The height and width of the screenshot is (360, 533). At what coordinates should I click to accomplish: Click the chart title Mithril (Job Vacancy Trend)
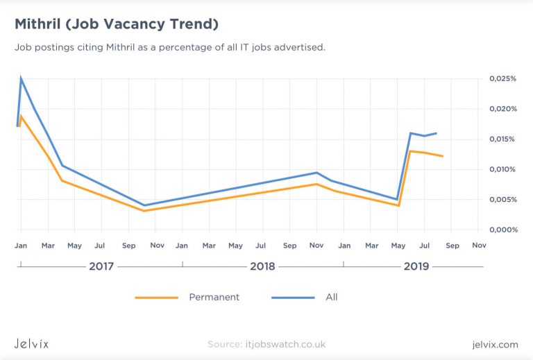coord(117,25)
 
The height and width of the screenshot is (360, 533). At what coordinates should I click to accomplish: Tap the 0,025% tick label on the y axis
coord(503,79)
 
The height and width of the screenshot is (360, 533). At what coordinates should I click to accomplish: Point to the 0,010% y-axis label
coord(503,169)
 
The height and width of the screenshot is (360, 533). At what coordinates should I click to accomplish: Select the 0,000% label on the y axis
coord(503,230)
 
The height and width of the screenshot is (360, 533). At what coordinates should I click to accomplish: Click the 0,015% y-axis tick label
coord(503,139)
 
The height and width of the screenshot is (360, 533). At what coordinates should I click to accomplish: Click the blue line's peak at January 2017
coord(21,78)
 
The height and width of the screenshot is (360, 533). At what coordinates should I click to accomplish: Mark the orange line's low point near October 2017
coord(144,210)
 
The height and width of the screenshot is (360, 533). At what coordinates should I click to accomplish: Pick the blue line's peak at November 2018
coord(316,173)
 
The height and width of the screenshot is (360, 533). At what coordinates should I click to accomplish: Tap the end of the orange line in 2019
coord(442,156)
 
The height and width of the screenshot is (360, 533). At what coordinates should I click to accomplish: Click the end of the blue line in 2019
coord(436,133)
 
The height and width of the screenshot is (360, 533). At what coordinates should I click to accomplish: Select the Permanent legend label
coord(214,297)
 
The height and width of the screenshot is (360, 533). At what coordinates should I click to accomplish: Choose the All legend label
coord(331,297)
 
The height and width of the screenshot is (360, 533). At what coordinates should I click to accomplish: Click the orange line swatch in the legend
coord(157,298)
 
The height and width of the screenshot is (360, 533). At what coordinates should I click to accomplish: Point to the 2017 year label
coord(101,266)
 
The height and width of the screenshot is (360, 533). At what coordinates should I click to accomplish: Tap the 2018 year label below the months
coord(262,266)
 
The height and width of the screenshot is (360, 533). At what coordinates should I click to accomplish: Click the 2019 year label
coord(416,266)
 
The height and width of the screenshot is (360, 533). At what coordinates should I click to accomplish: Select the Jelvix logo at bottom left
coord(32,344)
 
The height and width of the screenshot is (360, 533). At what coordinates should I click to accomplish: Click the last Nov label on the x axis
coord(479,246)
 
